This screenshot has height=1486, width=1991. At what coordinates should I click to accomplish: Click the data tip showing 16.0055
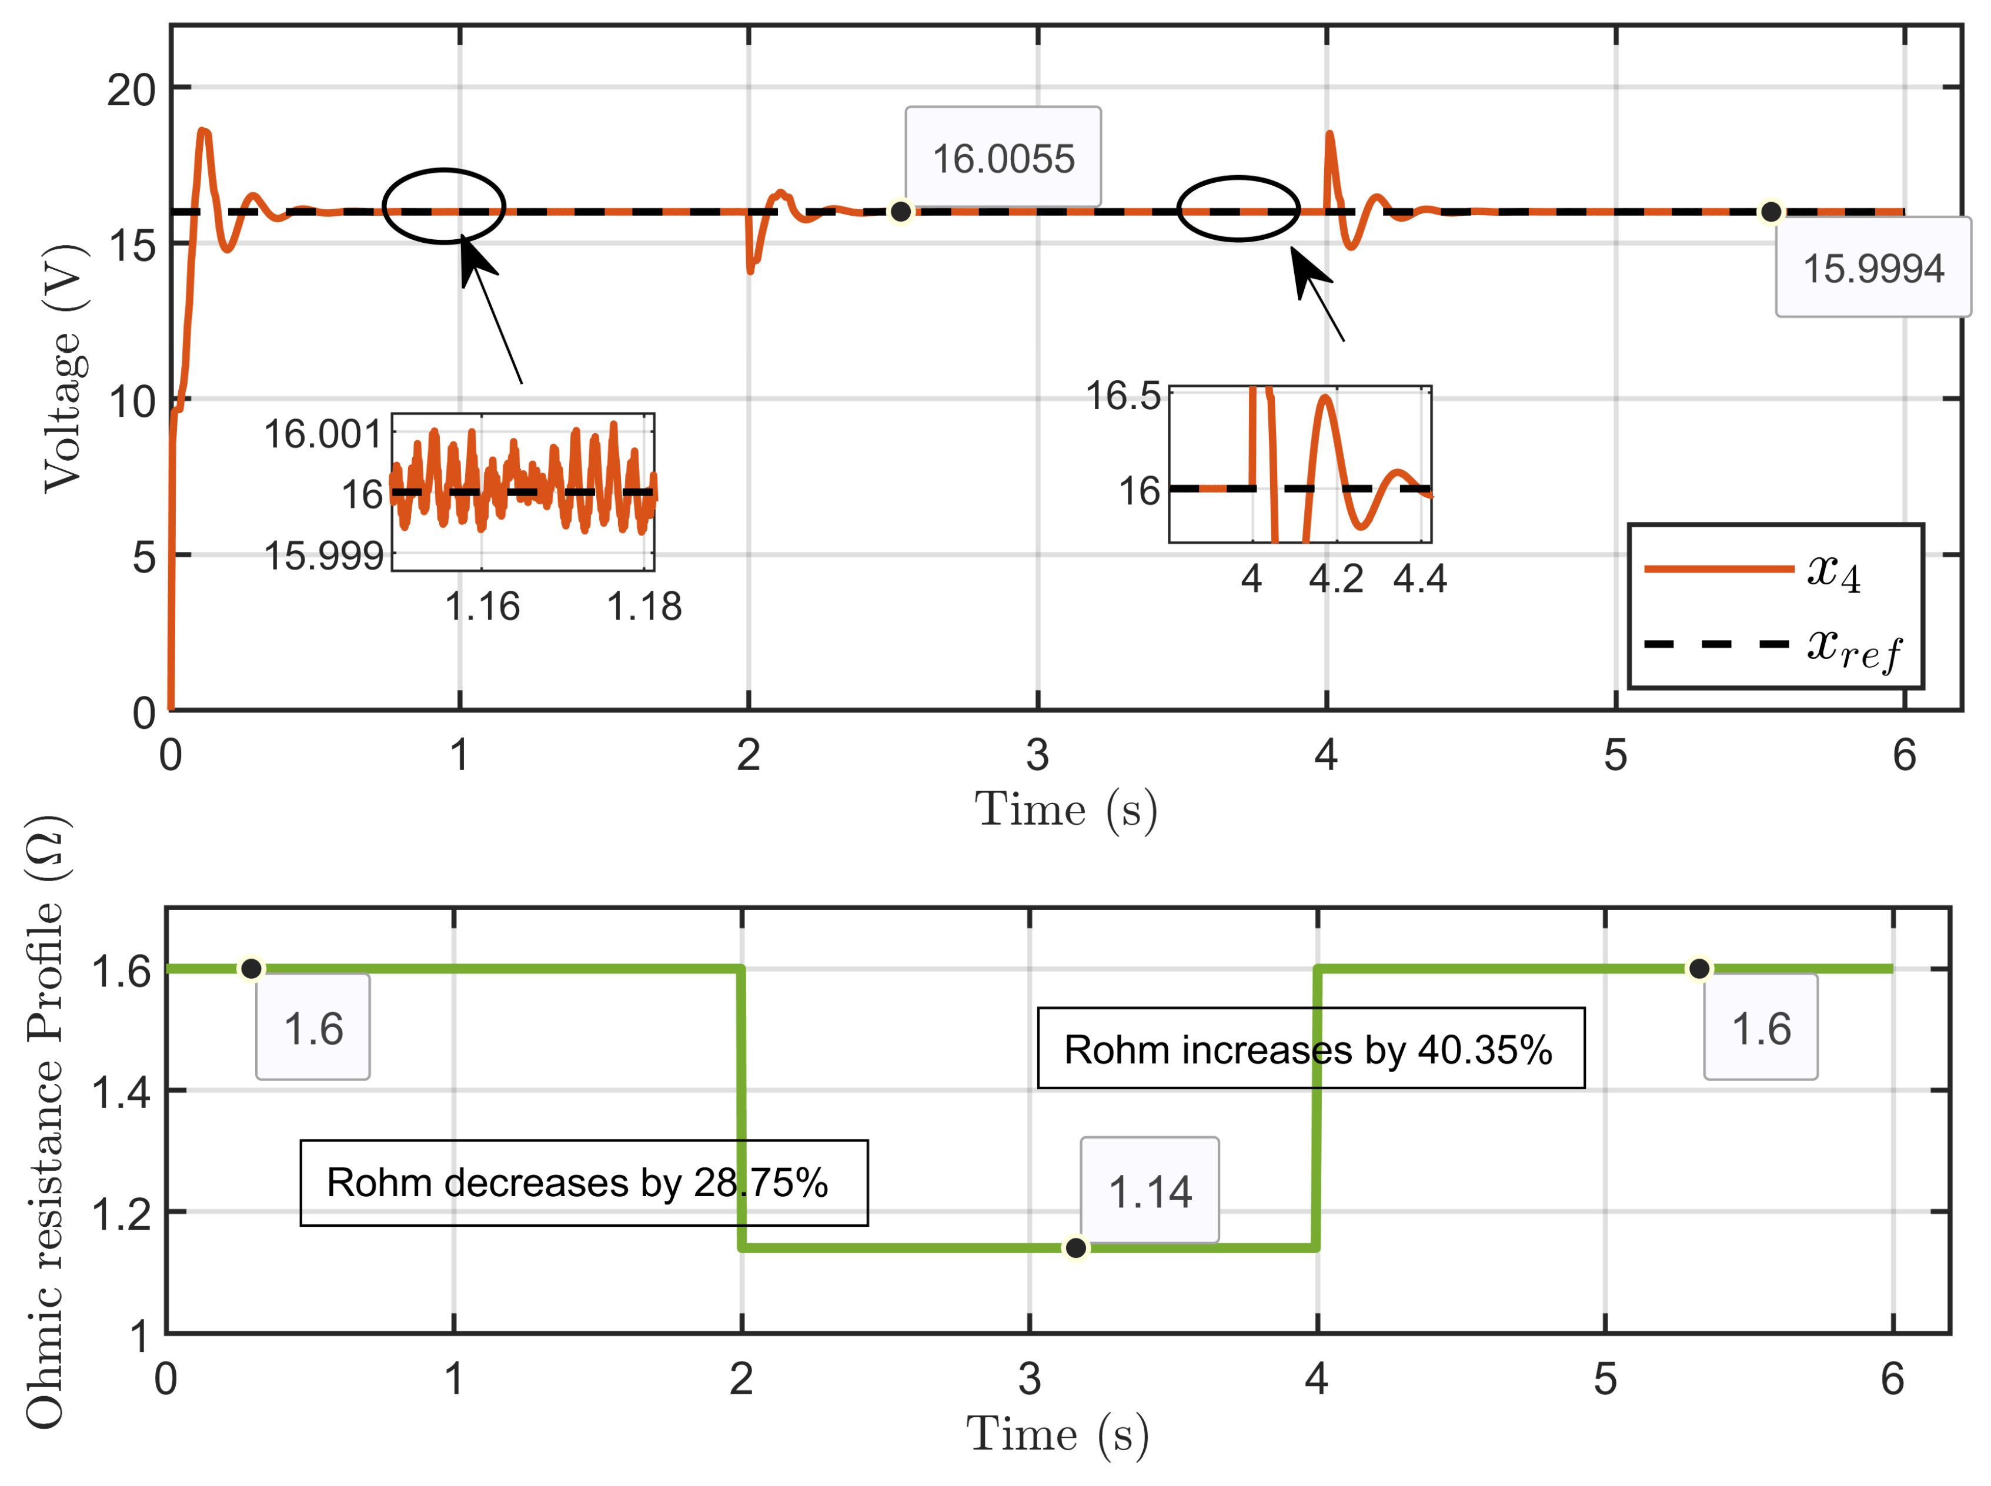click(1001, 158)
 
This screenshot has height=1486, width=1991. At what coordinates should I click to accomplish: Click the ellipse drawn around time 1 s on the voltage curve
click(443, 206)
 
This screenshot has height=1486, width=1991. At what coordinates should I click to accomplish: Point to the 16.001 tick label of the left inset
click(322, 434)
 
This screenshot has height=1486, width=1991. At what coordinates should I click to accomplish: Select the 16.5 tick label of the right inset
click(1123, 395)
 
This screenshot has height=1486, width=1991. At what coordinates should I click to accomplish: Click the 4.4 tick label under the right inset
click(1419, 578)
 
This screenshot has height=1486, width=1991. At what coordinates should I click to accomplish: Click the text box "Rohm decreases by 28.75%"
click(583, 1182)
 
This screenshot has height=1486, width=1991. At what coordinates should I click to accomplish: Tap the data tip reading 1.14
click(1149, 1191)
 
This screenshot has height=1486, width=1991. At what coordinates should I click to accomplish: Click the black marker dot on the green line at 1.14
click(1075, 1247)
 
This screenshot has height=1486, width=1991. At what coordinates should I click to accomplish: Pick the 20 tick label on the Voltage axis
click(131, 90)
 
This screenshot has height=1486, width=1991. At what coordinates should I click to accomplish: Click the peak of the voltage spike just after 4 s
click(1329, 135)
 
